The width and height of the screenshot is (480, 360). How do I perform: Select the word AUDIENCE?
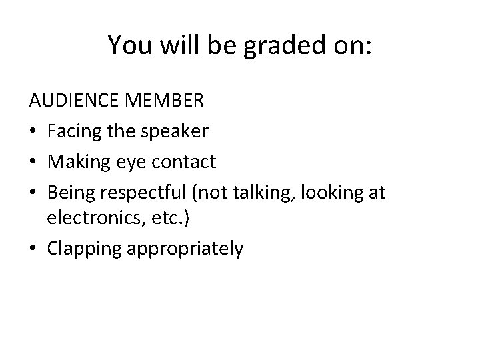(x=72, y=103)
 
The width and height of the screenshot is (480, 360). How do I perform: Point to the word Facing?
(x=73, y=132)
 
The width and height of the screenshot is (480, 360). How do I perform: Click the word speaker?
(x=176, y=132)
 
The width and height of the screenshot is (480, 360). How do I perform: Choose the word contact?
(x=180, y=161)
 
